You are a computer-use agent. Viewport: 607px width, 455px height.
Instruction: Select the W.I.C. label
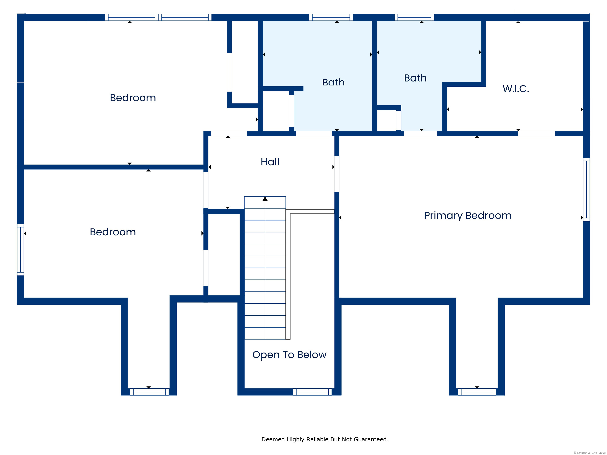pyautogui.click(x=516, y=89)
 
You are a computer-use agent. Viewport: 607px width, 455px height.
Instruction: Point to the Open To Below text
pyautogui.click(x=289, y=355)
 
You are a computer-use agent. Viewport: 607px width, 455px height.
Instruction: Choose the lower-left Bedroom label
pyautogui.click(x=113, y=232)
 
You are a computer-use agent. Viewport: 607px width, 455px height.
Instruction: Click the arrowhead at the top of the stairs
pyautogui.click(x=265, y=199)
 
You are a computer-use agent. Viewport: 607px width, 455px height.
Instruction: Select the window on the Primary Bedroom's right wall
pyautogui.click(x=586, y=190)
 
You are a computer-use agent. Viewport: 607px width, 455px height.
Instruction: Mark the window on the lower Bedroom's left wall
pyautogui.click(x=21, y=250)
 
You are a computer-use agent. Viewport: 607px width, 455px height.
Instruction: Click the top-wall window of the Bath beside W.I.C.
pyautogui.click(x=414, y=17)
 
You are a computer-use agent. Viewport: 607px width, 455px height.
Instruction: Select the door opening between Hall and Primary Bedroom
pyautogui.click(x=337, y=174)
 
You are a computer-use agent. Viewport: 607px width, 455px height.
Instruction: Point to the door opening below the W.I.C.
pyautogui.click(x=536, y=133)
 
